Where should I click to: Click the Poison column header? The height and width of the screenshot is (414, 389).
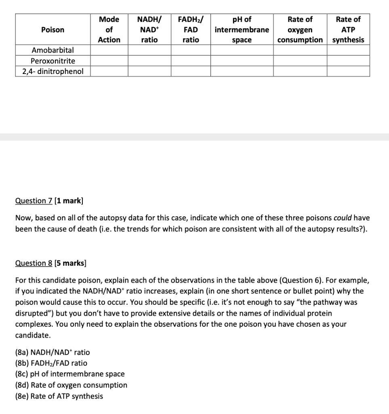[53, 30]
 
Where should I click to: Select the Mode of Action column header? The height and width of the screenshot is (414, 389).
[109, 30]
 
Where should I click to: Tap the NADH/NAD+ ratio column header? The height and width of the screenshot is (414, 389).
[149, 30]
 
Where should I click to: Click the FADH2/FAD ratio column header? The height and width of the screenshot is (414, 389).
[191, 30]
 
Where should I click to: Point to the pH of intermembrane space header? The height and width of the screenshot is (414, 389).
[242, 30]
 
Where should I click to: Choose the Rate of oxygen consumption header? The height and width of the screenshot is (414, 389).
[300, 30]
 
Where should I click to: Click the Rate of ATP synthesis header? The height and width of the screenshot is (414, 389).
[348, 30]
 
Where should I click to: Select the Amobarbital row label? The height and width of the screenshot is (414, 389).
[53, 50]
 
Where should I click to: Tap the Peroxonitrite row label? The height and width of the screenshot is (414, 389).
[53, 61]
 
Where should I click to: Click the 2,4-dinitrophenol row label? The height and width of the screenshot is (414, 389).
[53, 71]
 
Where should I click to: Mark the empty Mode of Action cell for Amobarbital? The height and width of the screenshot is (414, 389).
[109, 50]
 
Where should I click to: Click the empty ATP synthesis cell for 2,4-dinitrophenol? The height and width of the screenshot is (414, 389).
[348, 71]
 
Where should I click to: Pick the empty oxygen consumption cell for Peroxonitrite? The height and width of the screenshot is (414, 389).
[300, 61]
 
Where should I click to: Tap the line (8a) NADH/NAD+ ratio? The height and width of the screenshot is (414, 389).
[53, 352]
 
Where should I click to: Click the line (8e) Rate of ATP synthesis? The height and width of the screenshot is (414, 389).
[59, 396]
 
